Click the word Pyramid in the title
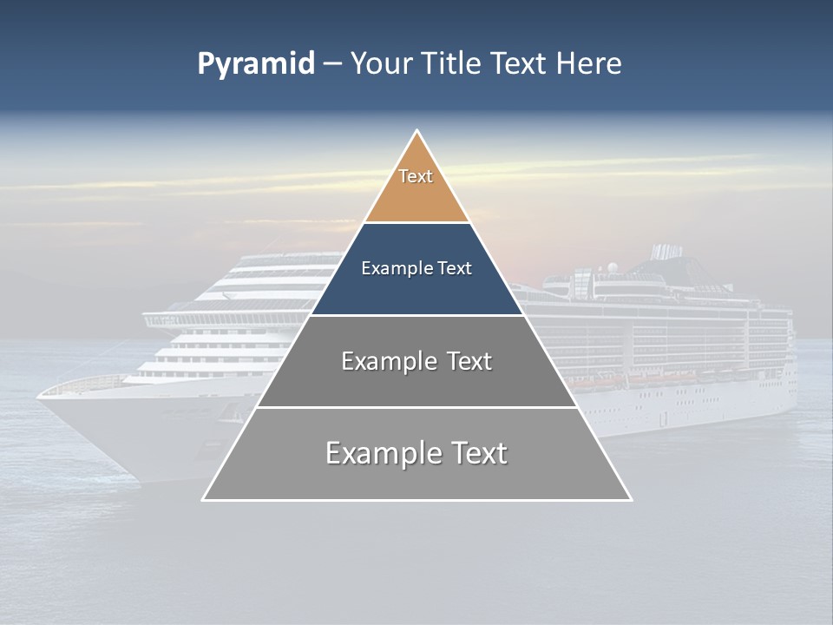(256, 64)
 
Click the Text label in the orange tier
(416, 176)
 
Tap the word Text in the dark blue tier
(455, 269)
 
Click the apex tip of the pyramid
(416, 132)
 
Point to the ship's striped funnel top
(666, 251)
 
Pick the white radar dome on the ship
(613, 266)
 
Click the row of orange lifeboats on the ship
(642, 379)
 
